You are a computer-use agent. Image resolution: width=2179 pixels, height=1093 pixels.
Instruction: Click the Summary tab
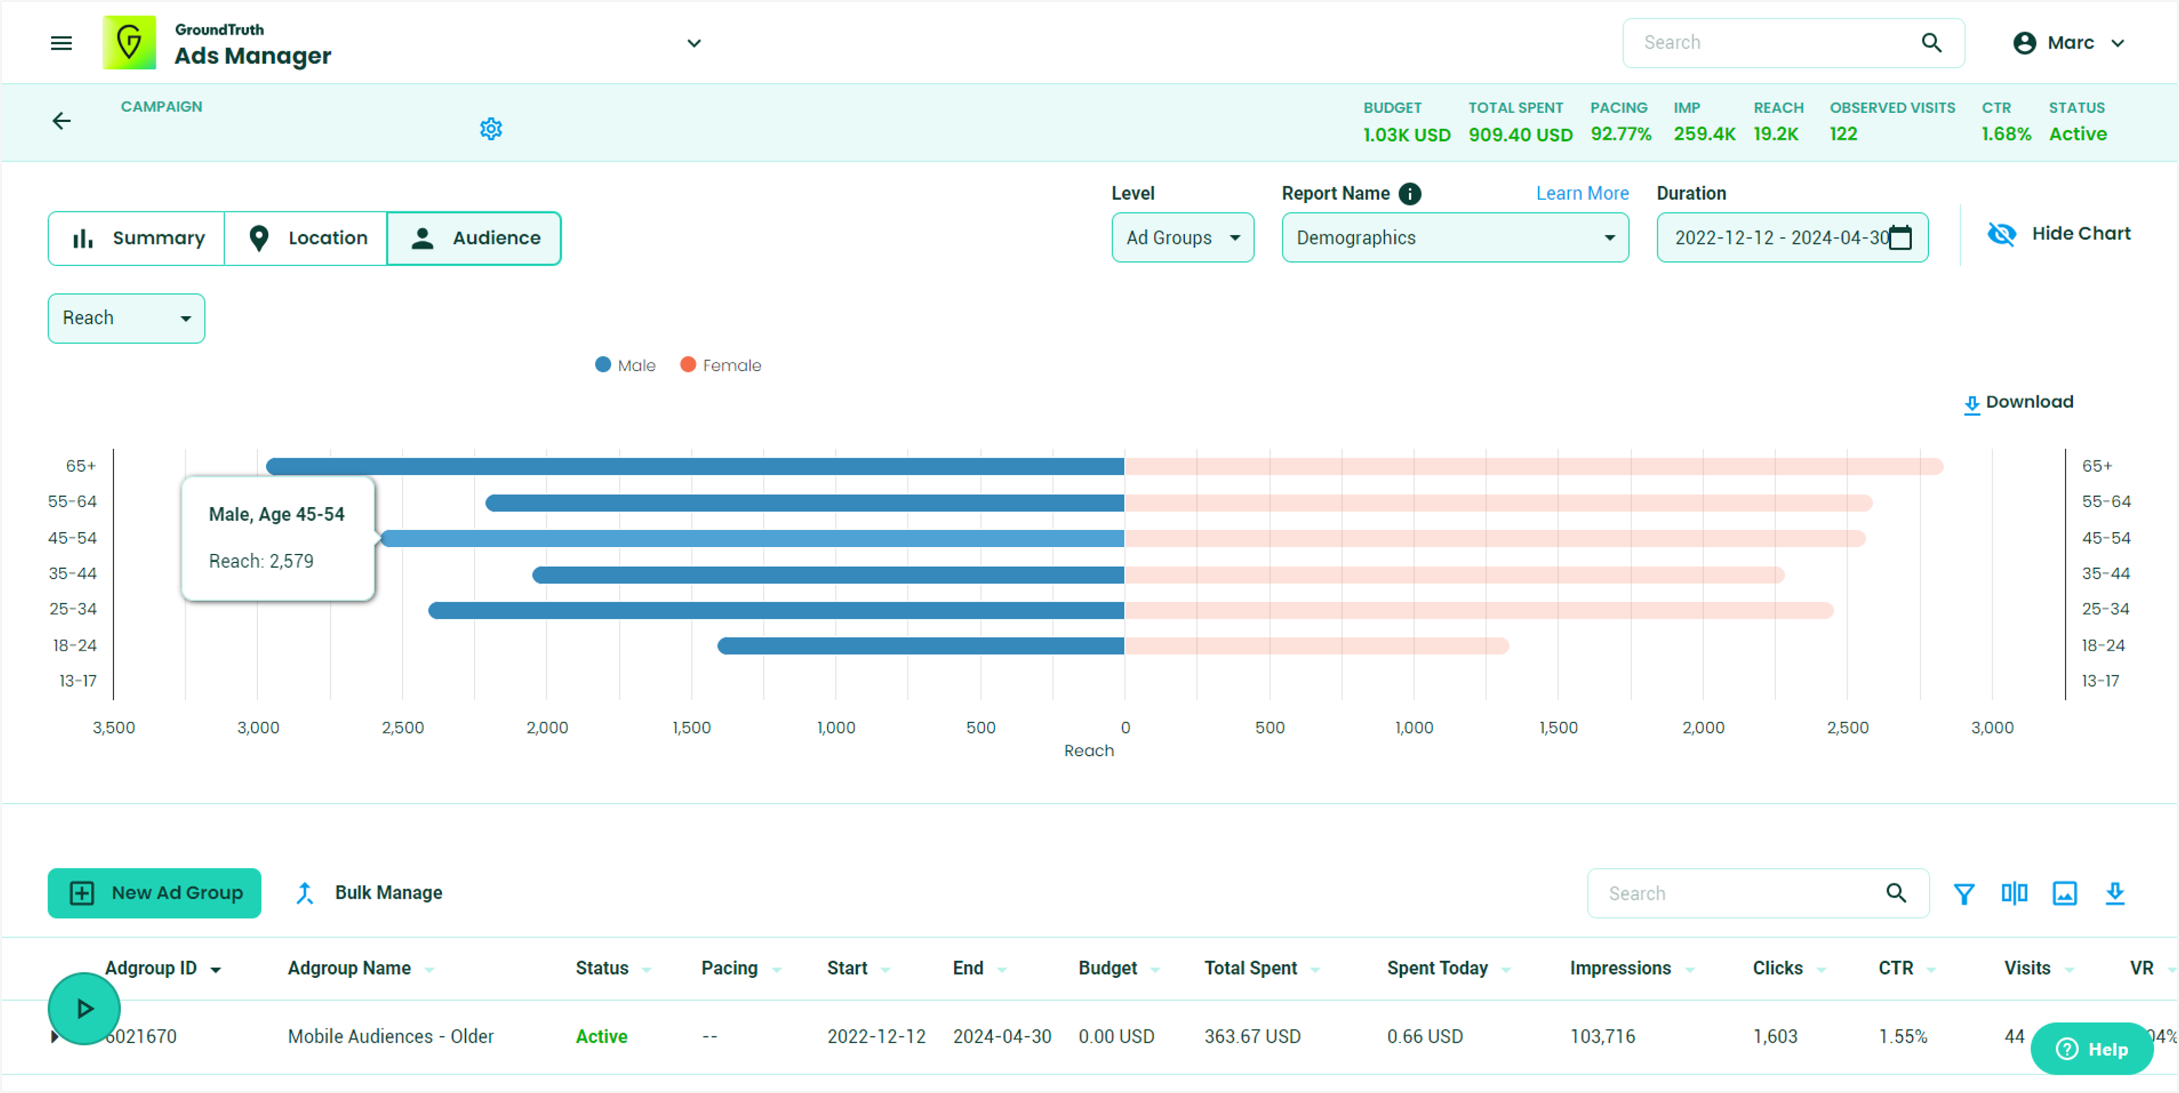coord(137,238)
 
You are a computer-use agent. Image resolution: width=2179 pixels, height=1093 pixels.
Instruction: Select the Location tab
coord(306,238)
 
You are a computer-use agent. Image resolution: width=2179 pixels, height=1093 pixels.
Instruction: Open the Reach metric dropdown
coord(126,318)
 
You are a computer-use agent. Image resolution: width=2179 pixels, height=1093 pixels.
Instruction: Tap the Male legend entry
coord(626,366)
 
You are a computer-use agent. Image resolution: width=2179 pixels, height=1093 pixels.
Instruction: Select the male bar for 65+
coord(694,466)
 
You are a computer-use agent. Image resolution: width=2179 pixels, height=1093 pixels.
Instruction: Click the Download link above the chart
coord(2018,403)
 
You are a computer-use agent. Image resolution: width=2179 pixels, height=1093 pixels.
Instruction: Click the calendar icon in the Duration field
coord(1900,238)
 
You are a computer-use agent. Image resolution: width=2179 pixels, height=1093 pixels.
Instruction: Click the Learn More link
coord(1582,194)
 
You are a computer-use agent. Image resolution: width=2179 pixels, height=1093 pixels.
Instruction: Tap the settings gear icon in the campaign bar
coord(491,129)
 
